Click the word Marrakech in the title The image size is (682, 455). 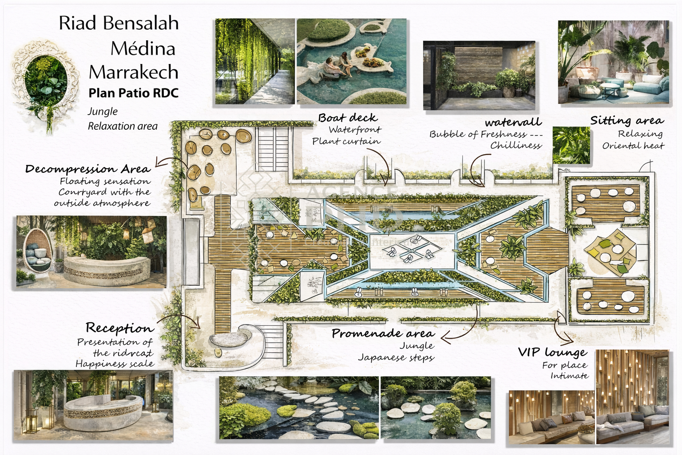tap(133, 72)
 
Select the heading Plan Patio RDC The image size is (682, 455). tap(133, 93)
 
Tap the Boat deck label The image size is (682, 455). tap(348, 118)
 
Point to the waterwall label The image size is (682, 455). tap(513, 122)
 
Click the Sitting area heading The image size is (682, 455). tap(626, 120)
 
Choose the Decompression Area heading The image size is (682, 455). tap(88, 169)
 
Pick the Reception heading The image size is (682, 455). tap(119, 328)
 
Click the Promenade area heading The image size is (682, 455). tap(383, 333)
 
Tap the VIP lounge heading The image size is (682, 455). tap(552, 352)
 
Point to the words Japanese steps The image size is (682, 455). tap(396, 357)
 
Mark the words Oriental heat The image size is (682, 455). tap(633, 146)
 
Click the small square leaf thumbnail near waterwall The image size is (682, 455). tap(571, 145)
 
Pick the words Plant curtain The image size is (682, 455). tap(346, 141)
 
